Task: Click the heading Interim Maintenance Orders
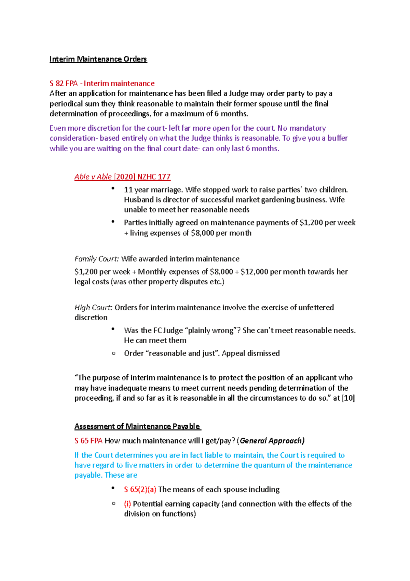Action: [x=98, y=59]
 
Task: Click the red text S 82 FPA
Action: [x=64, y=83]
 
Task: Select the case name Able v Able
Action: [x=93, y=177]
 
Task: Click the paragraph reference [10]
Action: [x=348, y=398]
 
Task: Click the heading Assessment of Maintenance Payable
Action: [x=137, y=426]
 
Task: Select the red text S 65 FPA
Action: [x=88, y=441]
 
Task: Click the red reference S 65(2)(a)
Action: [x=140, y=490]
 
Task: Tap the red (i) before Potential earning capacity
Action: [x=127, y=504]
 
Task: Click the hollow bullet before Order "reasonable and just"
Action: [x=114, y=353]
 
